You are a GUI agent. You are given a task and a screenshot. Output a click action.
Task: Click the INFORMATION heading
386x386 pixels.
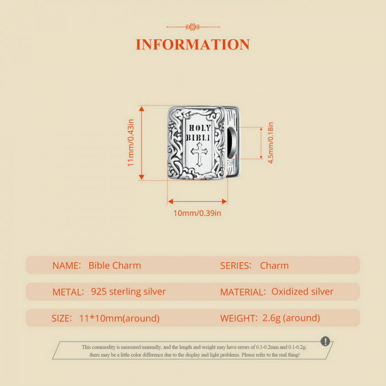tap(192, 45)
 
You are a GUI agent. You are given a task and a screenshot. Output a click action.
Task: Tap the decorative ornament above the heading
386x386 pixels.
tap(192, 26)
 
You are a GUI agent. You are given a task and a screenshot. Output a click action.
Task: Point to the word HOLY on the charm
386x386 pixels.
tap(199, 128)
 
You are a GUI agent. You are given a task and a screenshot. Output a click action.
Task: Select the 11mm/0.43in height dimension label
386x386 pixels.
tap(131, 143)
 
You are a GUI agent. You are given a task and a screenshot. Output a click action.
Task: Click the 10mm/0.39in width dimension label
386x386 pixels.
tap(197, 213)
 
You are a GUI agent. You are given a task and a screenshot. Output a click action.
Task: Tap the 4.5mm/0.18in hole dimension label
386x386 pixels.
tap(271, 143)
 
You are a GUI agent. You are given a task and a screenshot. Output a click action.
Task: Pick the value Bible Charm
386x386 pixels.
tap(115, 265)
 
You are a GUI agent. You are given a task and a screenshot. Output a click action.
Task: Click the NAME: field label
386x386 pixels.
tap(67, 265)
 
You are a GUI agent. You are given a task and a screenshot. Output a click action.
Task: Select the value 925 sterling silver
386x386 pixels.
tap(128, 292)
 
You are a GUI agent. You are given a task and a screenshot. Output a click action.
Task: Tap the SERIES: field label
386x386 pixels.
tap(236, 265)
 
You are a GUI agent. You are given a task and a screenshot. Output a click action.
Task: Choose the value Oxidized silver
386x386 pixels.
tap(302, 292)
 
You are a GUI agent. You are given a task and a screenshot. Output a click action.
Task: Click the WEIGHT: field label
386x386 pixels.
tap(238, 318)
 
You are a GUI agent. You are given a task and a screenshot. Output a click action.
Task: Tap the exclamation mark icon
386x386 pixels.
tap(325, 341)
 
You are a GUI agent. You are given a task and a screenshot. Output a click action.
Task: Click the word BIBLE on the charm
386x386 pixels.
tap(198, 137)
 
